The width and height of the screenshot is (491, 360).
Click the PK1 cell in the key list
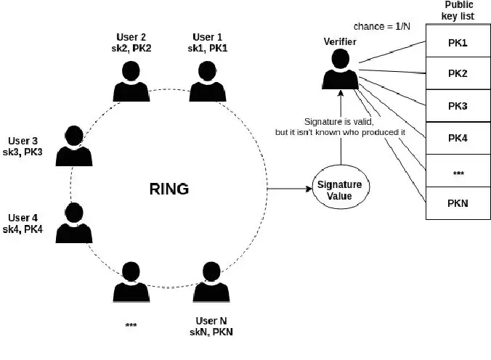pos(457,42)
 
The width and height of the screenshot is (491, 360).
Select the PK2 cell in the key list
pos(457,74)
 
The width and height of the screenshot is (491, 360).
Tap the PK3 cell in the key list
pos(457,106)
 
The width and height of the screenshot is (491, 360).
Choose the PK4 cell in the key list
pos(457,138)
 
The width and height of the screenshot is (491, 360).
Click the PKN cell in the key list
pos(457,202)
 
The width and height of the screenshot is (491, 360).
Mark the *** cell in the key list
pos(457,171)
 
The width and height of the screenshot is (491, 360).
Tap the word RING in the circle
pos(169,189)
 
